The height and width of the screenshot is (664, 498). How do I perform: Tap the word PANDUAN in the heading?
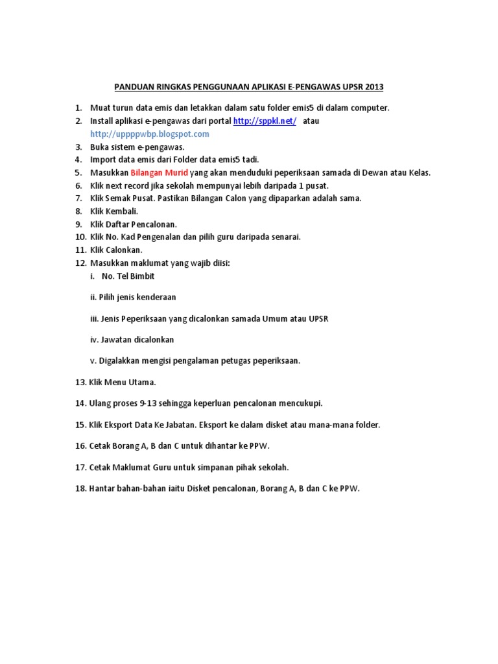[134, 86]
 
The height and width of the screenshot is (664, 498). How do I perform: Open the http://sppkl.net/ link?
[265, 121]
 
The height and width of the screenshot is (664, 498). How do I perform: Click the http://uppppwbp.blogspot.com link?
[150, 134]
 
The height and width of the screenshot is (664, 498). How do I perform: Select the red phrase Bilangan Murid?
[160, 172]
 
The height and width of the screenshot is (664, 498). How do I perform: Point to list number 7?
[78, 198]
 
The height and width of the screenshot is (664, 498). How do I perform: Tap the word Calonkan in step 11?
[125, 250]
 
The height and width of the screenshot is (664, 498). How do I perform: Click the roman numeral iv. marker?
[94, 339]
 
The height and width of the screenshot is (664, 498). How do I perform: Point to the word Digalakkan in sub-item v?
[119, 361]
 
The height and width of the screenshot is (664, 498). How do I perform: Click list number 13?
[81, 382]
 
